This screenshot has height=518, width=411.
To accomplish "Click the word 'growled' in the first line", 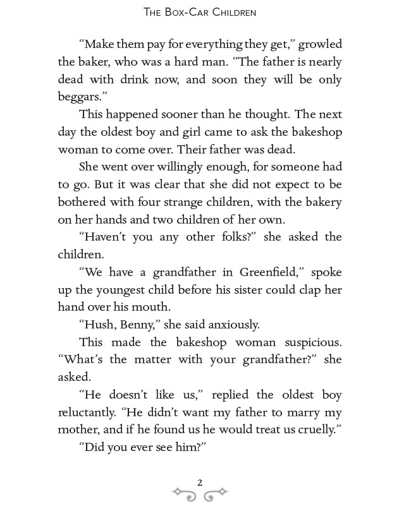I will click(x=320, y=45).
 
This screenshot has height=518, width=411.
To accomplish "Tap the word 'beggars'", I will click(x=81, y=97).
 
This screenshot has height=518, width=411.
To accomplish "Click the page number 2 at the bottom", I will click(x=200, y=483).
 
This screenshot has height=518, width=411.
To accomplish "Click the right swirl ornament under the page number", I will click(x=216, y=494).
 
